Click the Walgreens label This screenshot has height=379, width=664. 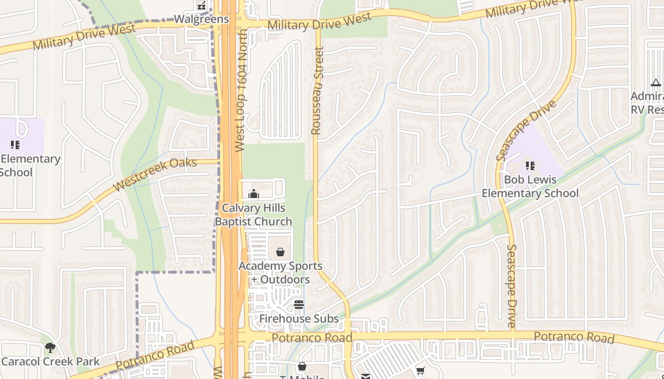pos(201,19)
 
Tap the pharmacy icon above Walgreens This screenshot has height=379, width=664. pos(202,6)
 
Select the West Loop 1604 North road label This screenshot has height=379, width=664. pos(241,90)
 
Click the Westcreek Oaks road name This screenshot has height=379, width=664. pos(155,174)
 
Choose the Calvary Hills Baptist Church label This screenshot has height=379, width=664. pos(253,215)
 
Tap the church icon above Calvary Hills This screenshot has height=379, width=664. pos(254,194)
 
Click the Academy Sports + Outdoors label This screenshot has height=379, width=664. pos(280,272)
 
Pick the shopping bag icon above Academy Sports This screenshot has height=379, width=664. pos(280,252)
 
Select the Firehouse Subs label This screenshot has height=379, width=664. pos(299,319)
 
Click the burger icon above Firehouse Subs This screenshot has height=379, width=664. pos(298,305)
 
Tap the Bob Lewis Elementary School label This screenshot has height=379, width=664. pos(530,187)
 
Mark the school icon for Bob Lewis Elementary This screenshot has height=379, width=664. pos(530,166)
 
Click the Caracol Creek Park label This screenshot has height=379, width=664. pos(50,361)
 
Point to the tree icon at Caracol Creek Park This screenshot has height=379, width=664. pos(50,348)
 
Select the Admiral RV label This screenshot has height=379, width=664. pos(647,103)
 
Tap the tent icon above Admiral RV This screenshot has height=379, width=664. pos(656,83)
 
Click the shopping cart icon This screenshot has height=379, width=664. pos(420,371)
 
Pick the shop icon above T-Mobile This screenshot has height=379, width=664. pos(302,366)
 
